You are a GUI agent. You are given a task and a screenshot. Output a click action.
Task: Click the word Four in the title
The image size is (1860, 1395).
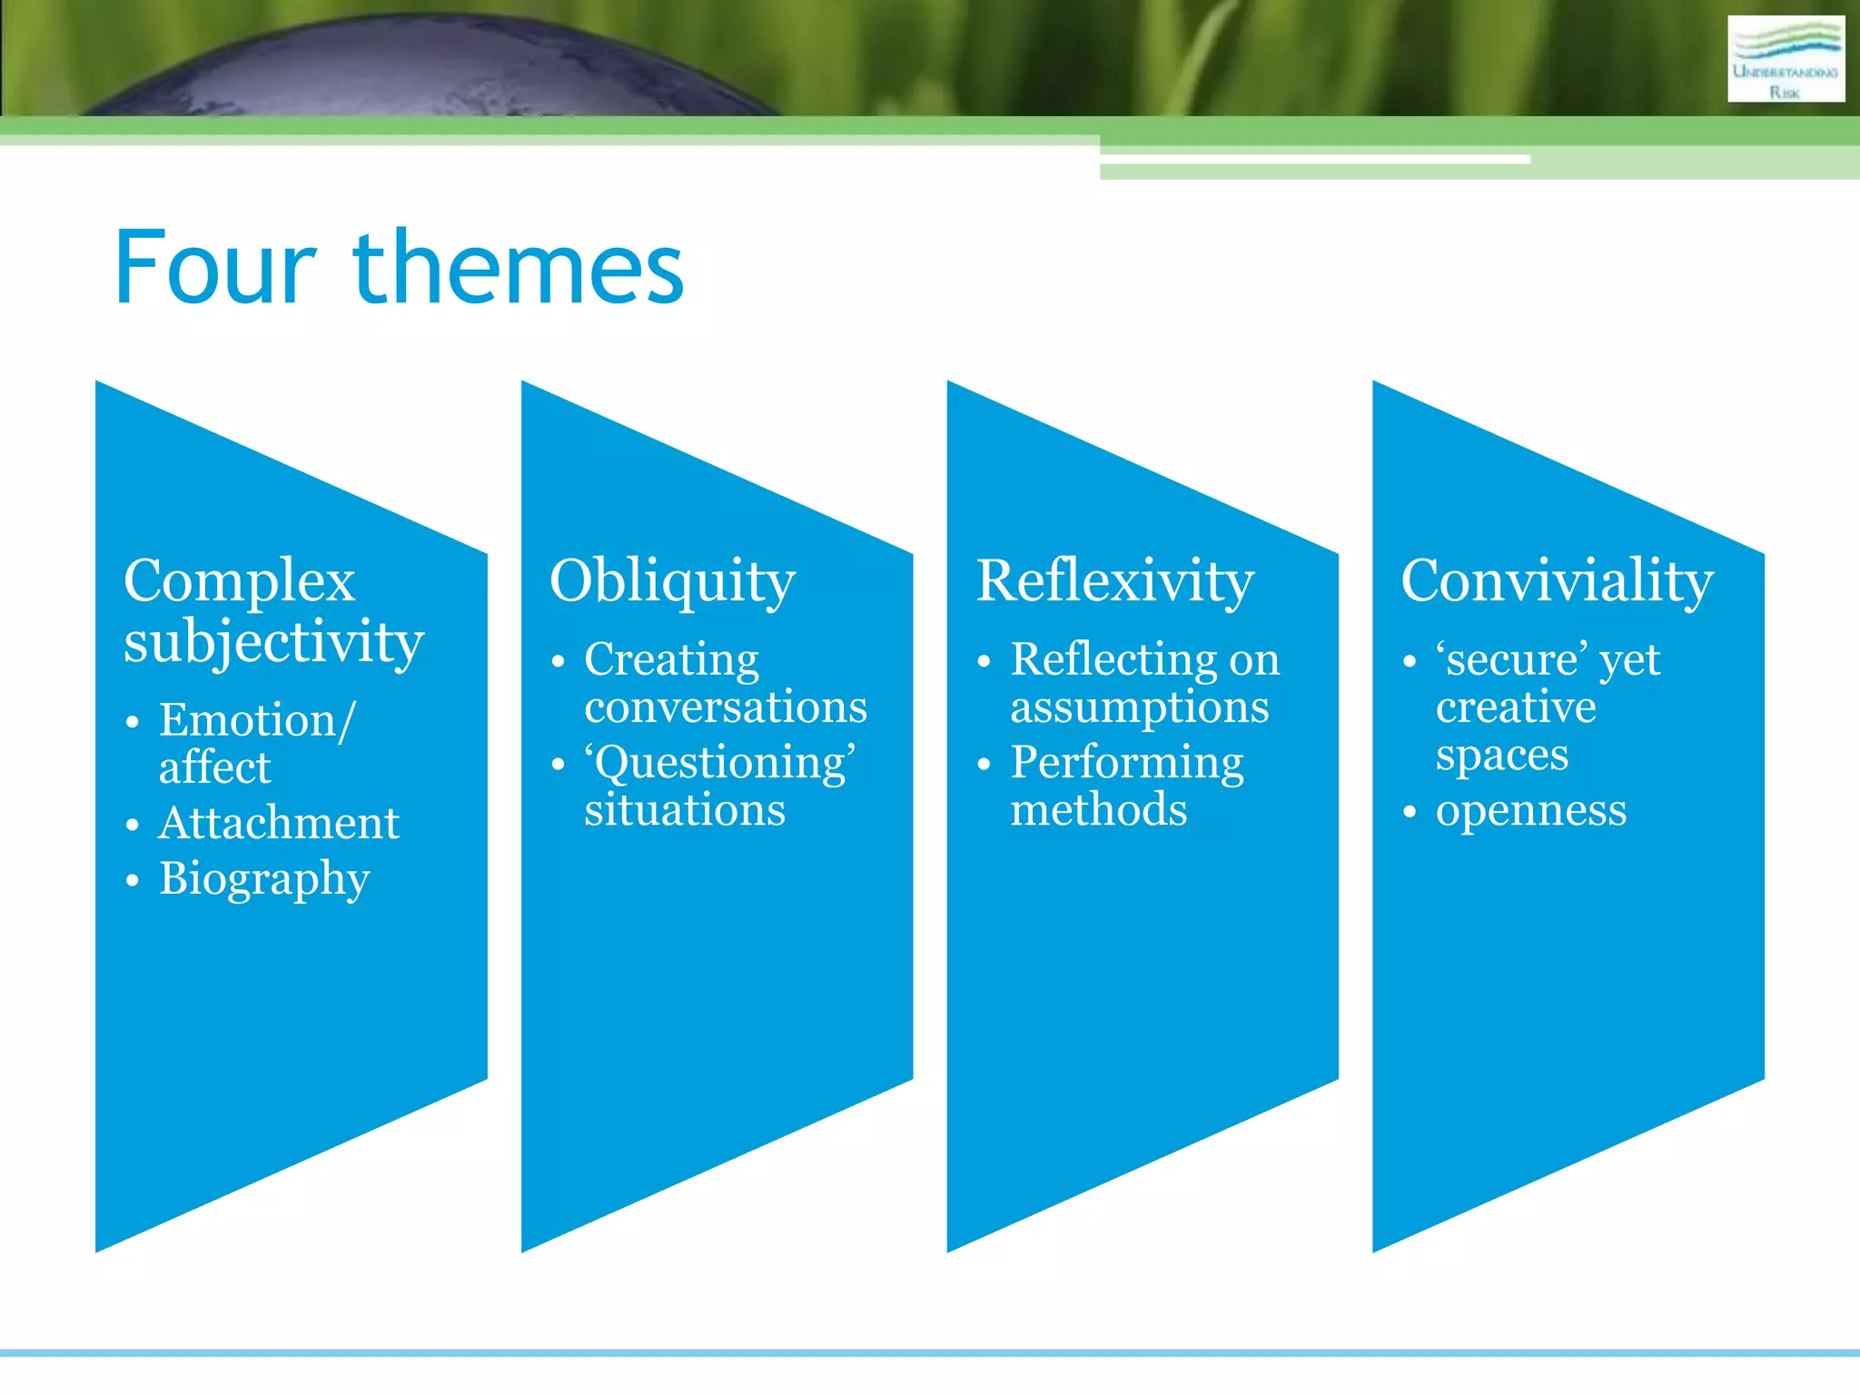(215, 268)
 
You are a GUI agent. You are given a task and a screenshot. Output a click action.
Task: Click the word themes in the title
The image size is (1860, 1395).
(518, 268)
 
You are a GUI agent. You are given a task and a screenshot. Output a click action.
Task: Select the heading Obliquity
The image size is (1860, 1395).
(672, 581)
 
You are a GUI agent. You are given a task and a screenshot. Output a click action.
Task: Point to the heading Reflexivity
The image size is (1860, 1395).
(1114, 581)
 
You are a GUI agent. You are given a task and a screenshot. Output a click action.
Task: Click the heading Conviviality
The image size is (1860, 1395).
(1557, 581)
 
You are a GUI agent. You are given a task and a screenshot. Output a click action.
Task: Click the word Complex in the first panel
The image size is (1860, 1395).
(239, 581)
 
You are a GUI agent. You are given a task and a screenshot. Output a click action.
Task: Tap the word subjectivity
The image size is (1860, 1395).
(273, 643)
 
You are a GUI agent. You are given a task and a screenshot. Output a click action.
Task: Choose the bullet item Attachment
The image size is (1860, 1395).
(279, 824)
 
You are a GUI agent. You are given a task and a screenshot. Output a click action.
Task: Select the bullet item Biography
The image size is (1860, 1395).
(264, 879)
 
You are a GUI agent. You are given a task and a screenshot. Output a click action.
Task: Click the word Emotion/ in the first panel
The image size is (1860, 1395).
(257, 721)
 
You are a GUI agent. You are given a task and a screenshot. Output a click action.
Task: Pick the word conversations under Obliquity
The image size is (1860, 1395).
(725, 707)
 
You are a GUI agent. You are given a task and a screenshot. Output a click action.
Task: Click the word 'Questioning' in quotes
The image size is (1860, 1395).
(719, 763)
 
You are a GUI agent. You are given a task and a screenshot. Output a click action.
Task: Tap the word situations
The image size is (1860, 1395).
(684, 810)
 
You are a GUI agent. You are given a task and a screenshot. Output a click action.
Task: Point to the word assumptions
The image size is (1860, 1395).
(1139, 707)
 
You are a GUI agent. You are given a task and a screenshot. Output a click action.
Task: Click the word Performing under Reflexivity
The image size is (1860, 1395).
(1126, 763)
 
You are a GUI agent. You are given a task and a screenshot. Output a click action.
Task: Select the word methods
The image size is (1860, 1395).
(1098, 810)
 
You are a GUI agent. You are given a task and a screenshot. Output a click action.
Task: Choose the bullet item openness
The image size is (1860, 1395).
(1530, 810)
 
